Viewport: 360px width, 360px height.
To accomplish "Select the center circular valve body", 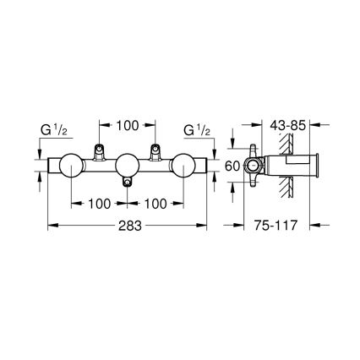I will (x=127, y=166).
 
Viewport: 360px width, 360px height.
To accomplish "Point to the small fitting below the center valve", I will (x=127, y=183).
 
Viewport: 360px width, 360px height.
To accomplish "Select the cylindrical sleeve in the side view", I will (x=292, y=166).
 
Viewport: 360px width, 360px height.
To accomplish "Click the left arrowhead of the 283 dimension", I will (x=48, y=226).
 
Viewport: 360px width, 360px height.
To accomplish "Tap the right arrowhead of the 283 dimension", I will (x=205, y=226).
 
